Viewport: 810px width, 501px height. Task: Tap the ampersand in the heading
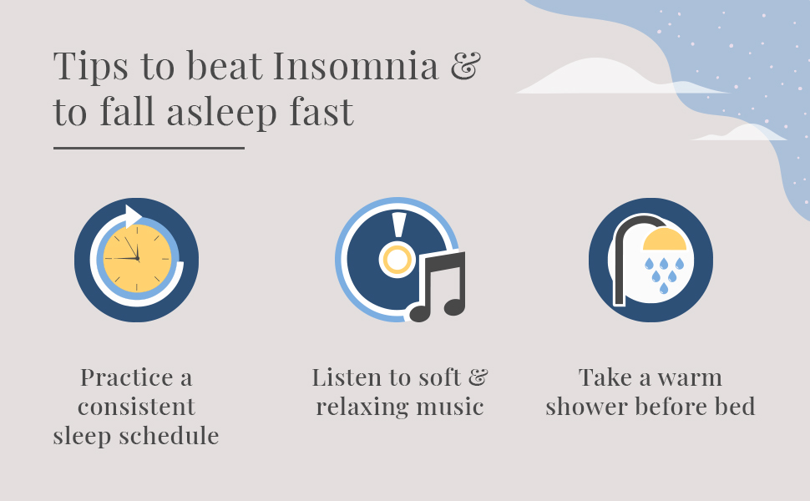click(465, 67)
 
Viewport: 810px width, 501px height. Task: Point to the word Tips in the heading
click(88, 67)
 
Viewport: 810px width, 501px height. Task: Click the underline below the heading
click(149, 149)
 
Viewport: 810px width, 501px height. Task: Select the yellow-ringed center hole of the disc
click(397, 261)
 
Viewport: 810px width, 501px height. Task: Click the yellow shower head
click(665, 240)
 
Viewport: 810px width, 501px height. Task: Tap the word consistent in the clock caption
click(136, 407)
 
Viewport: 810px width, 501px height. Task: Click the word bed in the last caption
click(737, 407)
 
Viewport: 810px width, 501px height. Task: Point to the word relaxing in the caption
click(365, 407)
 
